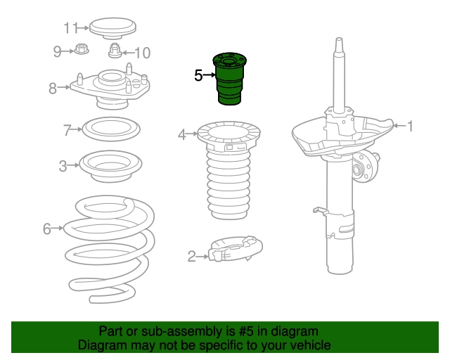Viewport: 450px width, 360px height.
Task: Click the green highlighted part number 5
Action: point(230,79)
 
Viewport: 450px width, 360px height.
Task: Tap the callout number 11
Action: point(70,28)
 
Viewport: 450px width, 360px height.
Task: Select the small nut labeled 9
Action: point(82,49)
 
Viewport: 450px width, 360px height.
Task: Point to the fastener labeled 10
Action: point(115,51)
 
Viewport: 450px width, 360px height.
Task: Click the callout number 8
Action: point(53,89)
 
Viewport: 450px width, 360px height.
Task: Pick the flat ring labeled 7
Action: point(111,129)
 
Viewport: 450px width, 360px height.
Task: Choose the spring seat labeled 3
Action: point(111,166)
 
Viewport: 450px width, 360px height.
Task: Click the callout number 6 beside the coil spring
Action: point(47,229)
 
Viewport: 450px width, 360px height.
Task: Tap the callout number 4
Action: point(182,134)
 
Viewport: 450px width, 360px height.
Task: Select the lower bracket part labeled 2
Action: point(236,249)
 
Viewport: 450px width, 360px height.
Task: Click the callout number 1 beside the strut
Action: point(411,126)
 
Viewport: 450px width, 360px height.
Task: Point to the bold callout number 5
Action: point(198,75)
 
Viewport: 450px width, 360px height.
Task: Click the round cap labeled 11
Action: point(112,28)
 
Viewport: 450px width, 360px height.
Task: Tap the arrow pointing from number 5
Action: point(210,75)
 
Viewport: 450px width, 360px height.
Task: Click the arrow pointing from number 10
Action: point(128,53)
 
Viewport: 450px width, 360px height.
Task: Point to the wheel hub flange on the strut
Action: point(364,167)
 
